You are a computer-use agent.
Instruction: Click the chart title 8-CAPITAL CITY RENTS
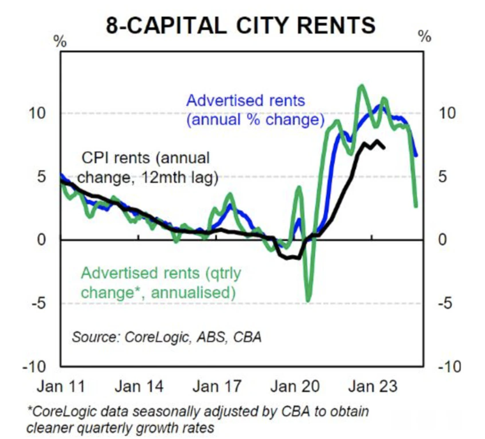[241, 26]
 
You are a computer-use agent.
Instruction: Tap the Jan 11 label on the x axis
[61, 386]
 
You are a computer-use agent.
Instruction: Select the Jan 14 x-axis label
[139, 386]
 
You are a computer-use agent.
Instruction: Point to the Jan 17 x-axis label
[217, 386]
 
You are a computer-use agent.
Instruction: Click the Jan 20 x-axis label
[295, 386]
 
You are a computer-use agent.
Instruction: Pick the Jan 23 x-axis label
[373, 386]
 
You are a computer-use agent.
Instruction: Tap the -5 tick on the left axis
[39, 303]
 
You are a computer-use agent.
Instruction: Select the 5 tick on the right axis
[442, 176]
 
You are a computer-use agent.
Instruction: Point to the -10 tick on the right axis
[449, 367]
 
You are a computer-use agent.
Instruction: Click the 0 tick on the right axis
[442, 240]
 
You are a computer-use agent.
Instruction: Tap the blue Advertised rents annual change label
[255, 110]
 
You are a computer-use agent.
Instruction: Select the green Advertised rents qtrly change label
[161, 283]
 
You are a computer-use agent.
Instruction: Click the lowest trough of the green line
[308, 301]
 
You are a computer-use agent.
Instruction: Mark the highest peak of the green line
[361, 86]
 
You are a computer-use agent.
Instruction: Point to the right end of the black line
[384, 147]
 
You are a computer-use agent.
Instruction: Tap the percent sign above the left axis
[60, 41]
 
